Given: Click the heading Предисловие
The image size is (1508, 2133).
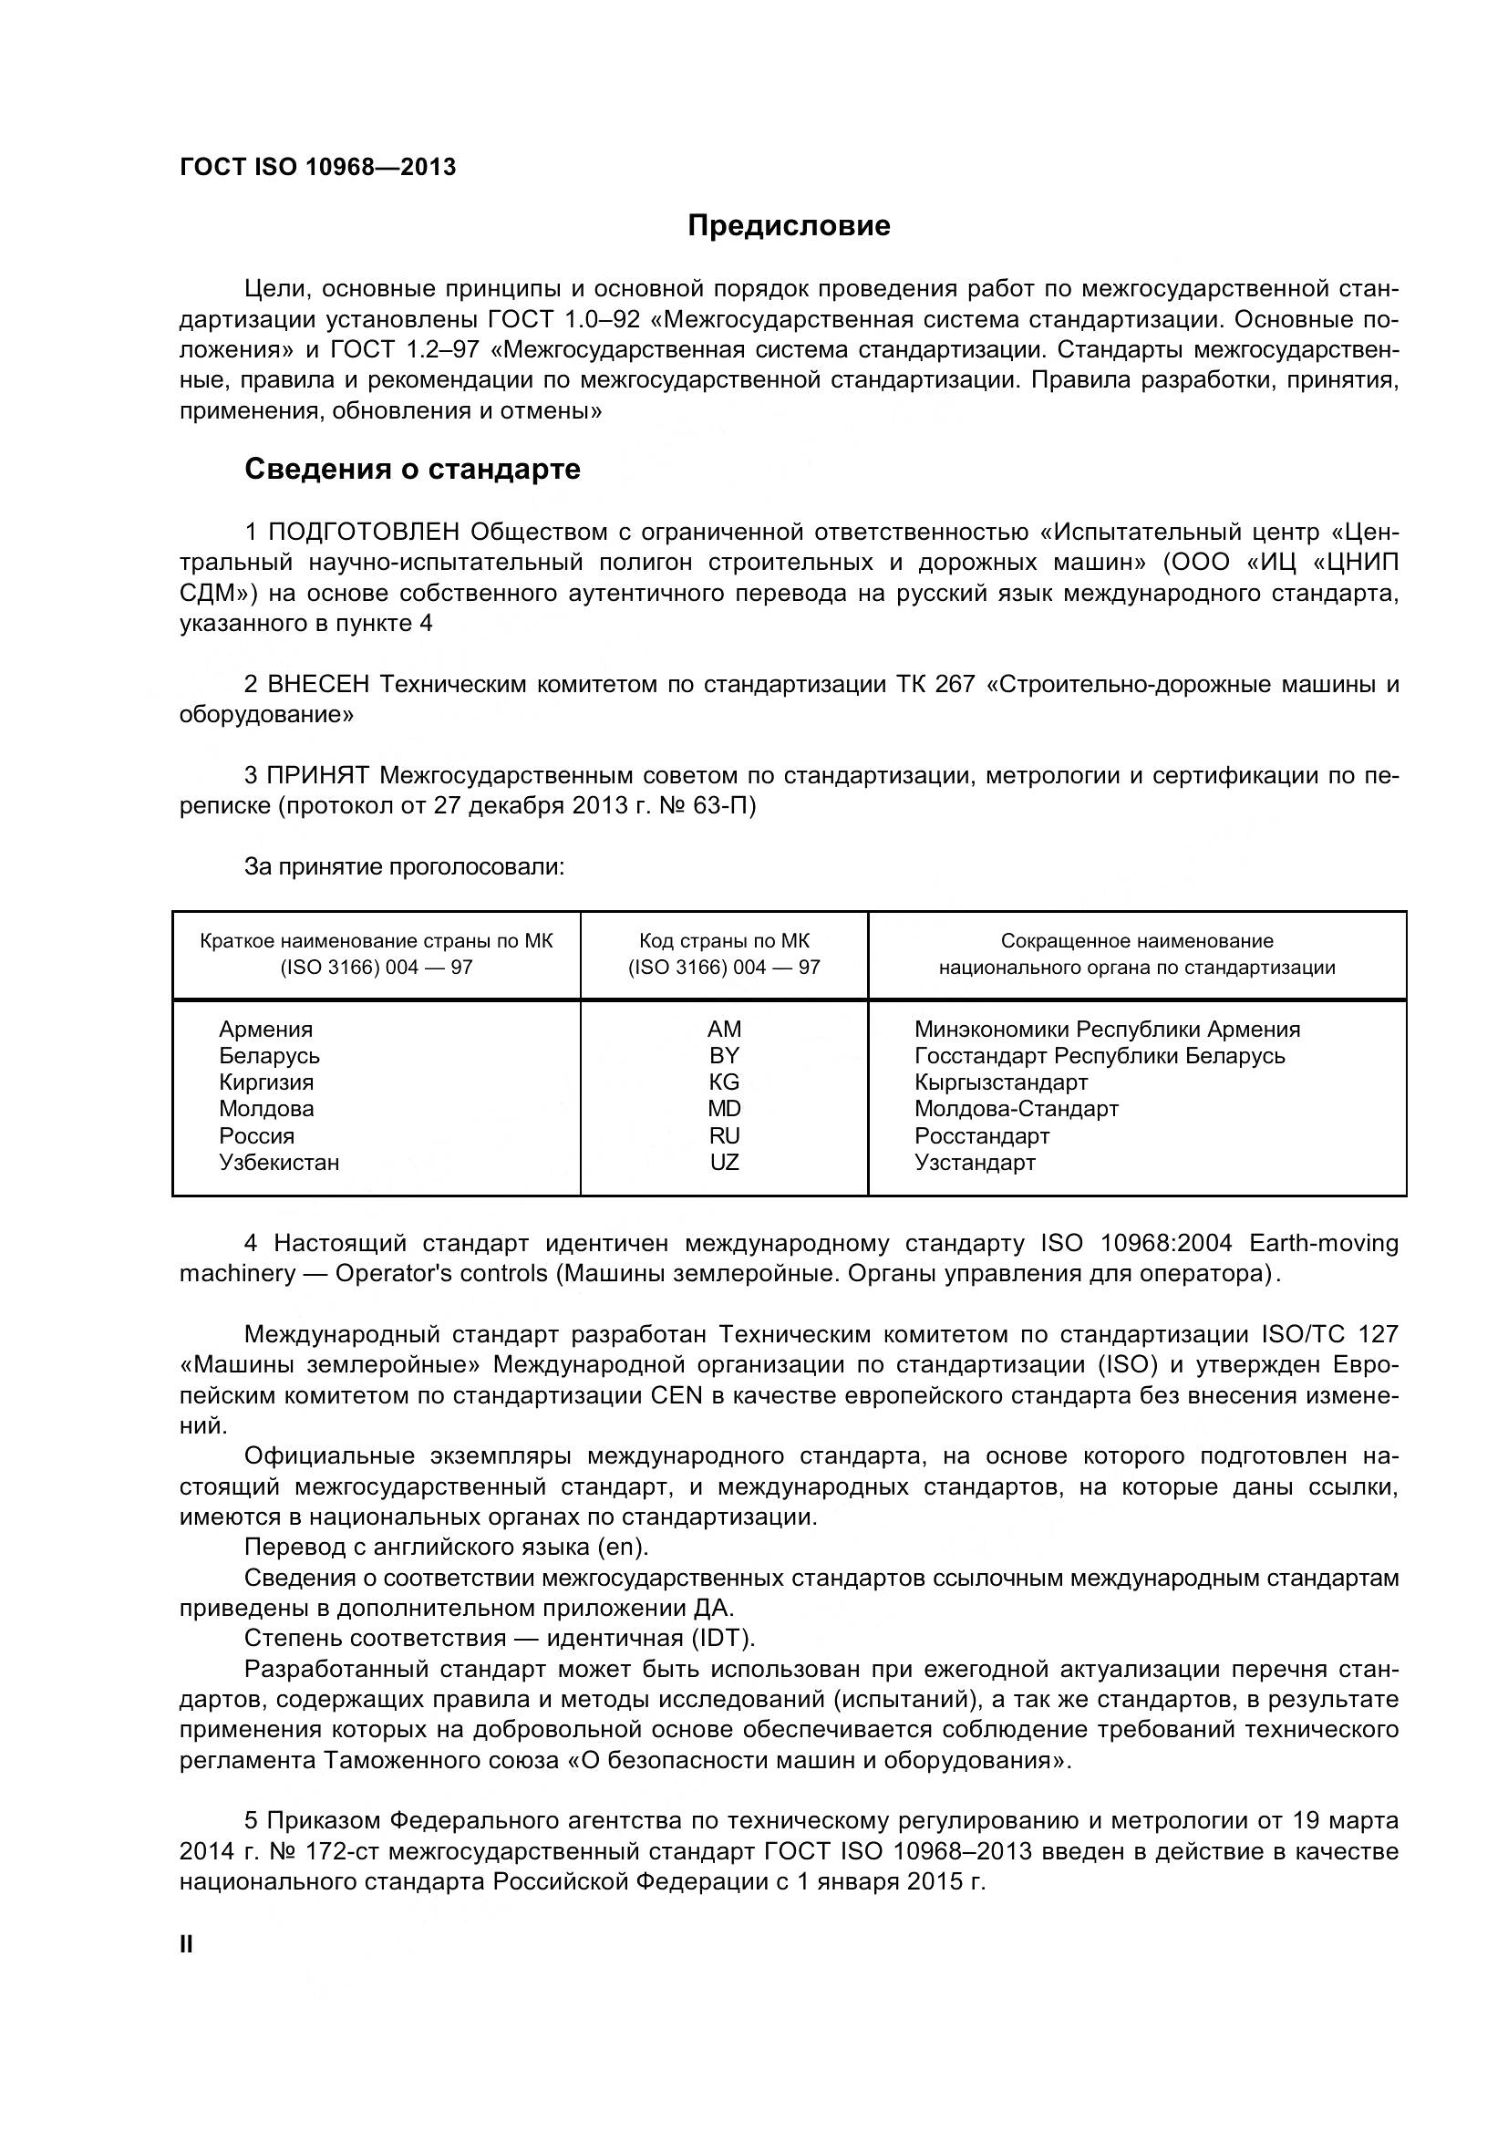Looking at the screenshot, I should (x=789, y=226).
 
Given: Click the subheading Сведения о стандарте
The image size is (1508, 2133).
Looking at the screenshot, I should (x=412, y=469).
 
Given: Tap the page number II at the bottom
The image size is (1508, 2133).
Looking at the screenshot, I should (x=186, y=1944).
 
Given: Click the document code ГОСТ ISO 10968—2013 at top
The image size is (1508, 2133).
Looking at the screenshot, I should (x=317, y=167).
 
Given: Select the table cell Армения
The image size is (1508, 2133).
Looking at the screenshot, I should (x=265, y=1030).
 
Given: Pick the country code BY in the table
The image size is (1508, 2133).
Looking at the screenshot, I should (x=723, y=1055).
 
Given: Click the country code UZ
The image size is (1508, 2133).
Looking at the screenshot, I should (x=723, y=1162).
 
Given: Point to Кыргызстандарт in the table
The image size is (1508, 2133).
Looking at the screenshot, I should (x=1000, y=1082).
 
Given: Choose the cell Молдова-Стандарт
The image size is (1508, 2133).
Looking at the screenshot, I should (x=1016, y=1108).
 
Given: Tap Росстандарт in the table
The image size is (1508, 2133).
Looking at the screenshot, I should (x=982, y=1136).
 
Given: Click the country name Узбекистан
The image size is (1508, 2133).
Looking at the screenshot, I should (x=279, y=1162).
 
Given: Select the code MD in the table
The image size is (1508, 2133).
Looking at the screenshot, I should (x=723, y=1108).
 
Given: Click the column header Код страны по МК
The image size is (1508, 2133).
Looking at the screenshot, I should (x=723, y=941).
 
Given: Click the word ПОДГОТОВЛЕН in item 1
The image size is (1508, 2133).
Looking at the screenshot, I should (x=363, y=533).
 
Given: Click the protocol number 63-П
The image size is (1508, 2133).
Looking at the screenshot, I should (x=724, y=805).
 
